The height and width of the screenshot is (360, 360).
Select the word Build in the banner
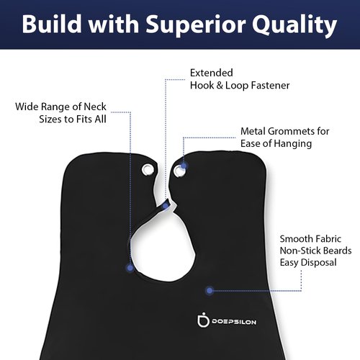point(52,24)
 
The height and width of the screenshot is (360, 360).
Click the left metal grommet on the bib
point(148,170)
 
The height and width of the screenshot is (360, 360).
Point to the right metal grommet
point(179,171)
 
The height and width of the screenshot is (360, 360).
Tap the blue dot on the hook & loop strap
point(166,206)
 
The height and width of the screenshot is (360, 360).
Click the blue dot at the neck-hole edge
point(130,268)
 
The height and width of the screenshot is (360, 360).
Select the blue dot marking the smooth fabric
point(210,290)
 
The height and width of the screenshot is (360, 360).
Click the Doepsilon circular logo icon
point(203,320)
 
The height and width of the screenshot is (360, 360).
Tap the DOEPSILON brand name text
point(234,322)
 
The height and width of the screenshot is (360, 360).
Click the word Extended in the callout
point(212,73)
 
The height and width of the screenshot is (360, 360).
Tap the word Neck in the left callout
point(95,107)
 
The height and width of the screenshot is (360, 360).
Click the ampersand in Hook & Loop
point(220,86)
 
